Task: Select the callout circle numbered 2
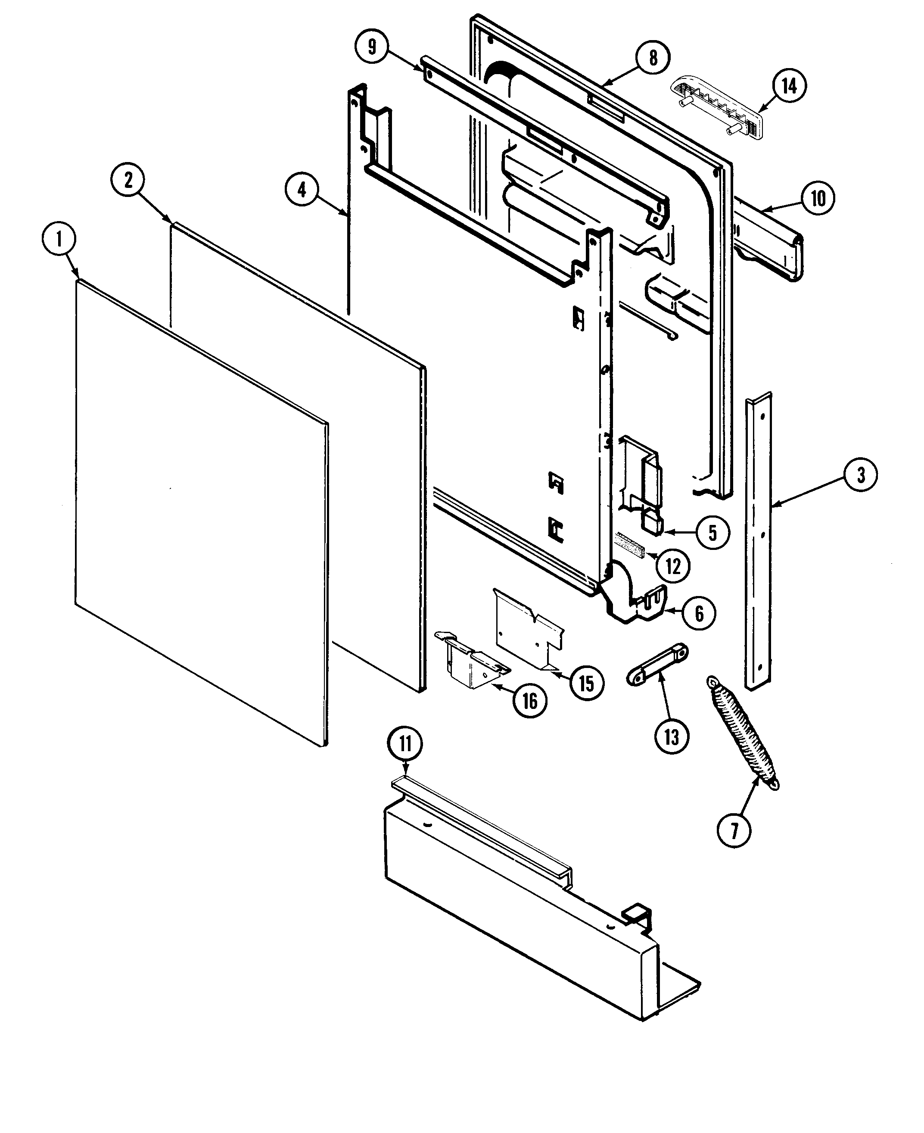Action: click(128, 181)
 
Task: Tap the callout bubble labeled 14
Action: click(789, 86)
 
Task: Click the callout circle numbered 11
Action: click(406, 744)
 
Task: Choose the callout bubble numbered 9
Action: click(371, 47)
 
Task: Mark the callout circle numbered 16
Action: click(529, 701)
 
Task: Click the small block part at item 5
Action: click(653, 522)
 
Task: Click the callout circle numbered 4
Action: click(302, 189)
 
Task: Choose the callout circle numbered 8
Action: click(653, 57)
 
